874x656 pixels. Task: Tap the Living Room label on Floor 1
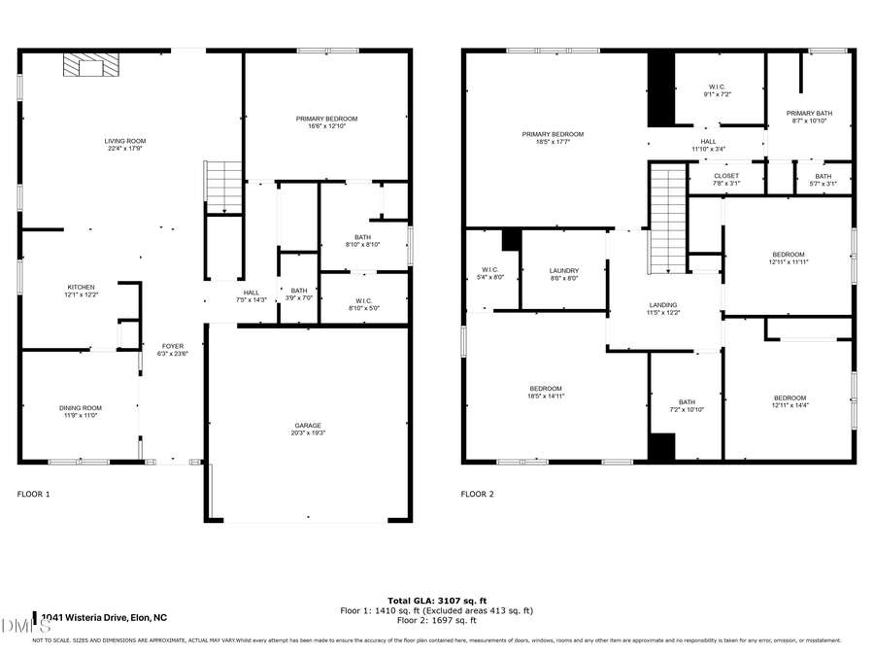tap(125, 141)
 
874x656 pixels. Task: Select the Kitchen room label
tap(81, 287)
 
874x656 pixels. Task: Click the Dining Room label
tap(80, 408)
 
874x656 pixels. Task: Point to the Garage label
tap(308, 425)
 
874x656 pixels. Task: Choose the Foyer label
tap(172, 345)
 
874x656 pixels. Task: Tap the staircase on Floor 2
tap(667, 220)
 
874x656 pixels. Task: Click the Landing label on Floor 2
tap(663, 304)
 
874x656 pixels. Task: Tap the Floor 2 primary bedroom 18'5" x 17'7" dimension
tap(553, 142)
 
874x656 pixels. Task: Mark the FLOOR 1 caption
tap(34, 495)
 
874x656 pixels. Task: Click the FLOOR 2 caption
tap(478, 495)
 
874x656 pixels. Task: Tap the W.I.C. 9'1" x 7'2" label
tap(719, 90)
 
